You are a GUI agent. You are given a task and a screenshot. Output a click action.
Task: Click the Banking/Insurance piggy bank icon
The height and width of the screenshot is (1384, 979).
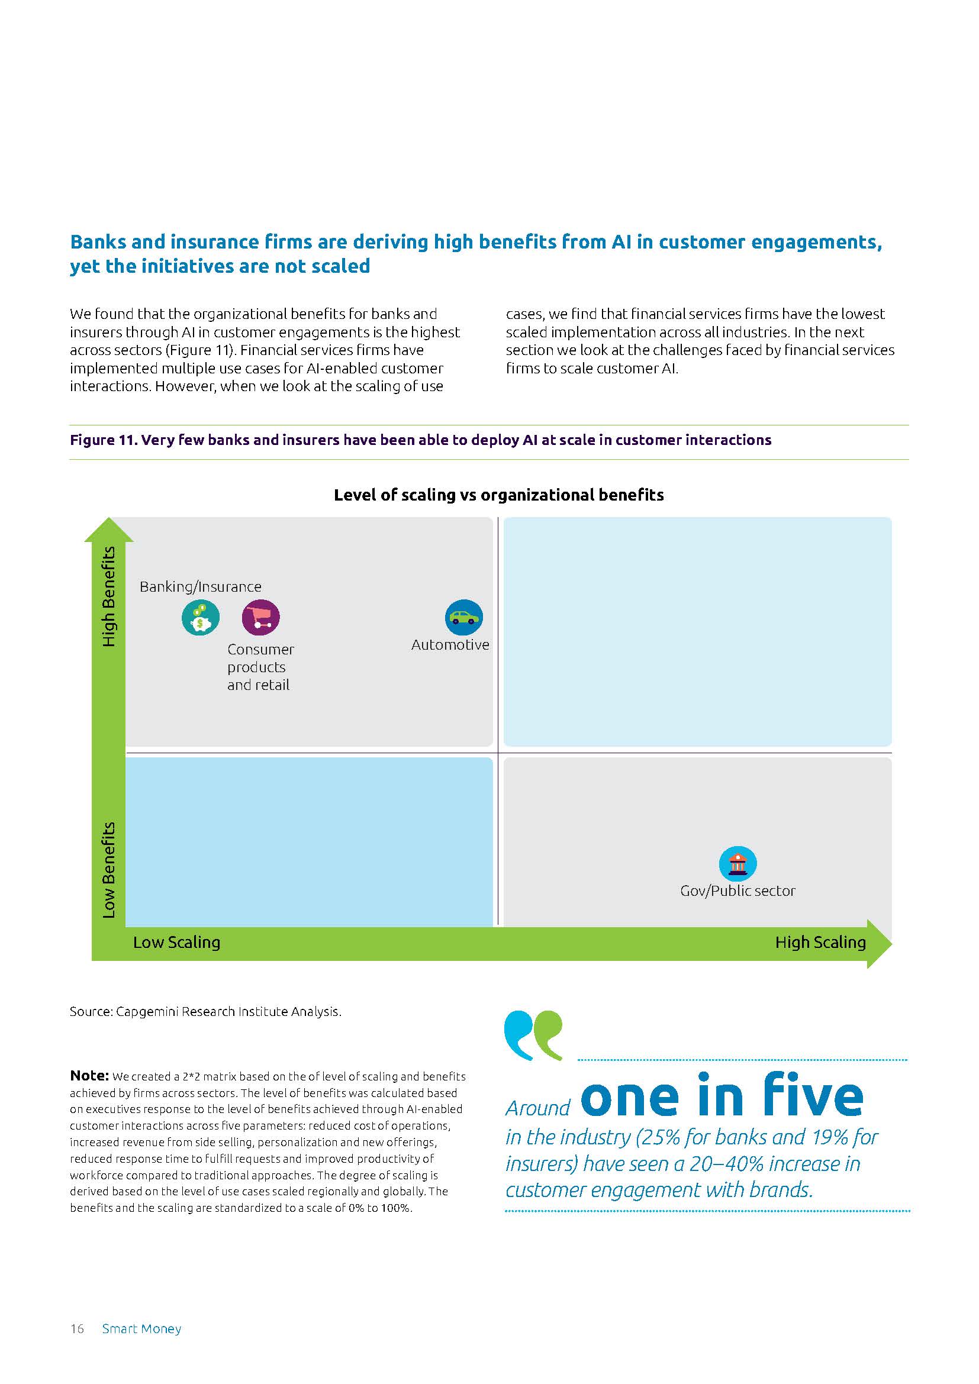pos(201,618)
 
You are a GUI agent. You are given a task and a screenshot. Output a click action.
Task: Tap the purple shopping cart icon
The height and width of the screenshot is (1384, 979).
pos(261,618)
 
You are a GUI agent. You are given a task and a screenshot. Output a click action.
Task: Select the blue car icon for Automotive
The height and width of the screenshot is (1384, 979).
pos(463,617)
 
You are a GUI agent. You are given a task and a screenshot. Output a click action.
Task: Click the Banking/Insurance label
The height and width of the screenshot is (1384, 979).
pos(201,586)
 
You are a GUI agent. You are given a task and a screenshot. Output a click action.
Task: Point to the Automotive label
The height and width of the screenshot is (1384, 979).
pos(450,644)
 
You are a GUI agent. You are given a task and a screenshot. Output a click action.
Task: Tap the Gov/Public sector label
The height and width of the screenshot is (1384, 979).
pos(738,891)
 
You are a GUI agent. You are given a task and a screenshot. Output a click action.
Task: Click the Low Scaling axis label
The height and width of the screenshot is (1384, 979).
pos(176,942)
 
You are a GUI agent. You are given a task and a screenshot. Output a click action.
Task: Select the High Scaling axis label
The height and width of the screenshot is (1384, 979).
pos(820,942)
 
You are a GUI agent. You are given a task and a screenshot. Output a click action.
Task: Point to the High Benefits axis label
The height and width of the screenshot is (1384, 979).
pos(108,596)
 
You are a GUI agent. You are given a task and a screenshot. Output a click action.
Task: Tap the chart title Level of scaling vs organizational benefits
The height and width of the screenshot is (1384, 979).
pos(498,495)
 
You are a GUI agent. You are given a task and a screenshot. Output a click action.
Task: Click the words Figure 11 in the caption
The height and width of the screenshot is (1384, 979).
pos(103,440)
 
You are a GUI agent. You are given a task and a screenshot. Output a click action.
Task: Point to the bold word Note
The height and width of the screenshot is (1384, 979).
pos(89,1076)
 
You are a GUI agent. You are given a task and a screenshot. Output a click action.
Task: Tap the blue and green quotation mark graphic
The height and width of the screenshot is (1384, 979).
pos(533,1035)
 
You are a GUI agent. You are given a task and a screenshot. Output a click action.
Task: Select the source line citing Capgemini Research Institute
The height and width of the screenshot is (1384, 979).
pos(205,1011)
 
